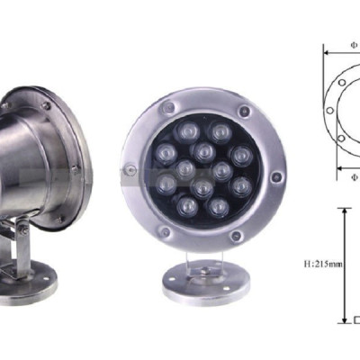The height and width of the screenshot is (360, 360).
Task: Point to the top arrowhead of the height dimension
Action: click(343, 211)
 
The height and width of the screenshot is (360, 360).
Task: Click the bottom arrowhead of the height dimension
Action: click(343, 320)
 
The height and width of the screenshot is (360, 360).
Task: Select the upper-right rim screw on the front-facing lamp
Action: click(244, 112)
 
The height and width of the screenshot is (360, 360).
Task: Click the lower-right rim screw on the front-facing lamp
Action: click(236, 235)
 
